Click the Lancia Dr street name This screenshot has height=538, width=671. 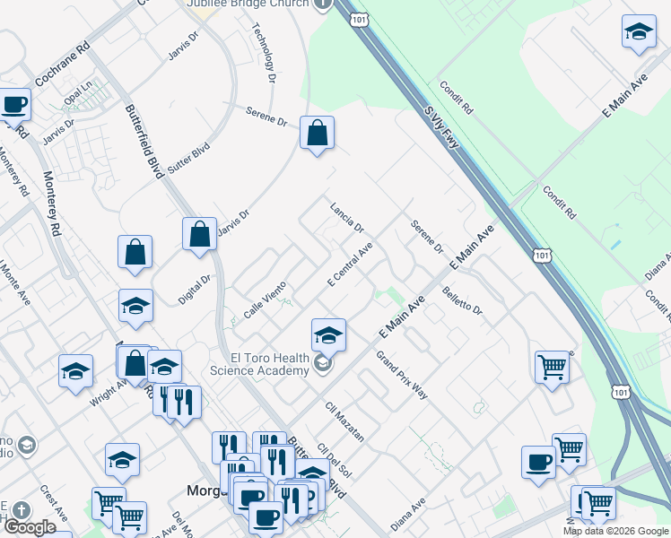click(x=346, y=216)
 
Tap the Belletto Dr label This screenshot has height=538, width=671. click(x=463, y=301)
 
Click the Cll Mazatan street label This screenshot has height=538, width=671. click(x=345, y=421)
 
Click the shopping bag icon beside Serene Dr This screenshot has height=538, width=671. click(x=317, y=134)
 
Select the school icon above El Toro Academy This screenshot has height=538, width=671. click(x=328, y=336)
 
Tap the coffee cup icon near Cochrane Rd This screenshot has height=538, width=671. click(x=14, y=105)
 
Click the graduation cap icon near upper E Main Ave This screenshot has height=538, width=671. click(x=639, y=32)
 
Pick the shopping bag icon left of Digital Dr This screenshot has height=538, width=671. click(x=135, y=254)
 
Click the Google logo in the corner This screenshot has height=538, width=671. click(x=30, y=527)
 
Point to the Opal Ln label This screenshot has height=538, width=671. click(x=78, y=94)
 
